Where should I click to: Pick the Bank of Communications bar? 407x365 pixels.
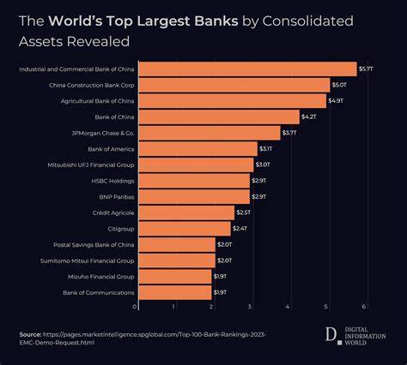tap(174, 292)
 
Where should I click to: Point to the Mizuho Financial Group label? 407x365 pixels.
tap(100, 277)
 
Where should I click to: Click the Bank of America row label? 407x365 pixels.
tap(110, 148)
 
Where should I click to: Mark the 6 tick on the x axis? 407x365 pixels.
tap(365, 307)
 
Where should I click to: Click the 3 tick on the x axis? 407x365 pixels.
tap(250, 307)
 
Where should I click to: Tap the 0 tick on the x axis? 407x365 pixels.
tap(136, 307)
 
